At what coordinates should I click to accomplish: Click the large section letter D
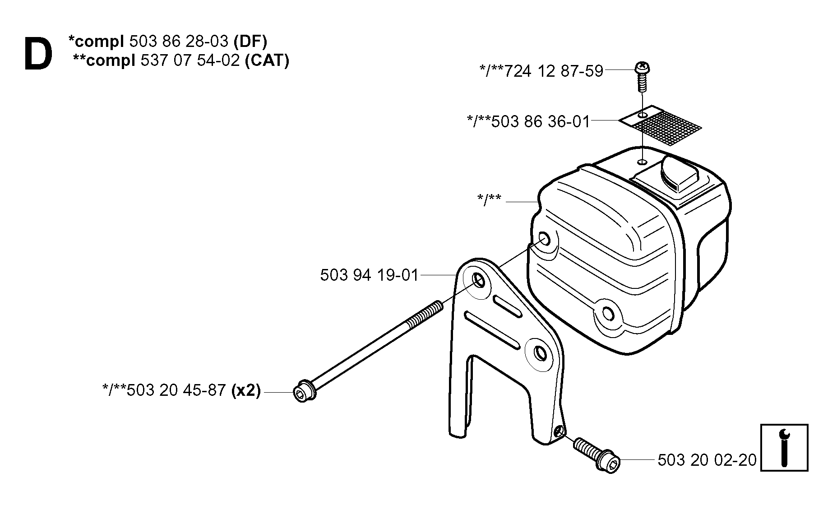[38, 54]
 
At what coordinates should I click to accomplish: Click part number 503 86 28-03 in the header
[179, 41]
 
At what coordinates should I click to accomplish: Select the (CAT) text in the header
[267, 60]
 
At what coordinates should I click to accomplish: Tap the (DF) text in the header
[250, 41]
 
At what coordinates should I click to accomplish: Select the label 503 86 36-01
[541, 121]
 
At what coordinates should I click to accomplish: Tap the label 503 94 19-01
[370, 275]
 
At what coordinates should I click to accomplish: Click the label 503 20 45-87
[176, 390]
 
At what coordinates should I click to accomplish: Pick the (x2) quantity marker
[246, 390]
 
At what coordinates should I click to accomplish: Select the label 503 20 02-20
[707, 460]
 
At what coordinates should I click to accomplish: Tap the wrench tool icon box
[784, 448]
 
